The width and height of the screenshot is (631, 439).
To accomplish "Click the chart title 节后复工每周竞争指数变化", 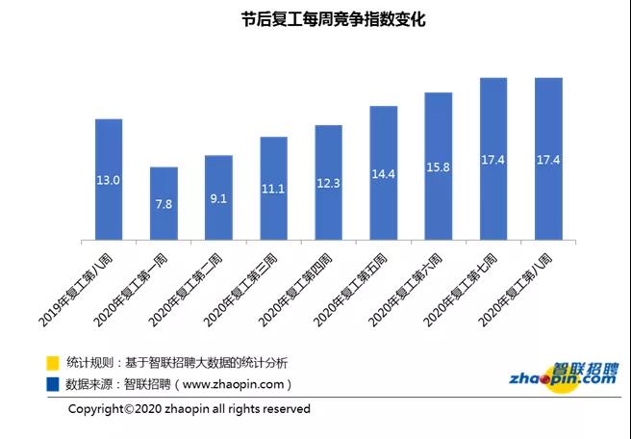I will click(x=316, y=19).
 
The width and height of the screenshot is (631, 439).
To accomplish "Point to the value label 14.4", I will click(x=383, y=175).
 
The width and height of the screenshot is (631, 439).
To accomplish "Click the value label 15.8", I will click(x=438, y=168).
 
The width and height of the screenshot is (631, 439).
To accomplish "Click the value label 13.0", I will click(x=109, y=180).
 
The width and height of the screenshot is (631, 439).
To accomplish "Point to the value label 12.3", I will click(x=328, y=183).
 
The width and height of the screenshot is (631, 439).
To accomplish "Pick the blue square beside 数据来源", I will click(x=53, y=384).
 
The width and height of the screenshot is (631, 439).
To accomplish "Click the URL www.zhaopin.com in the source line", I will click(x=236, y=384).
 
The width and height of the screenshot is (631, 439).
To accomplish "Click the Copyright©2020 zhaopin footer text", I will click(x=189, y=409).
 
